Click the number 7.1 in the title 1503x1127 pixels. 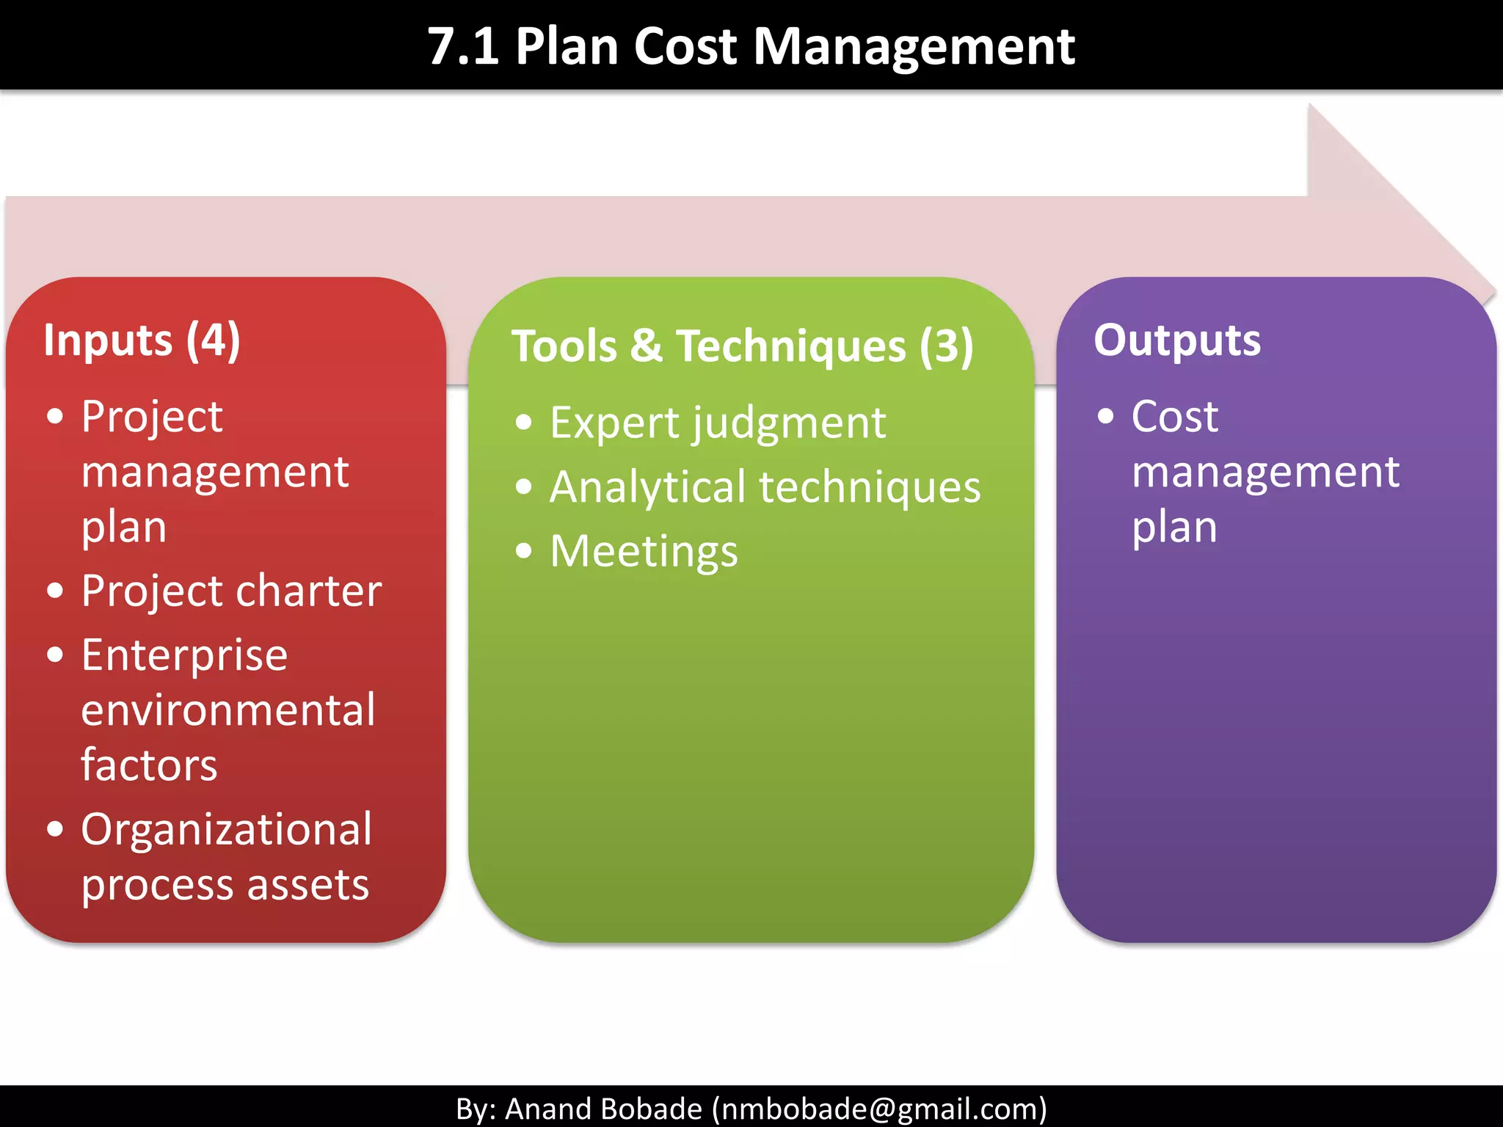[x=463, y=47]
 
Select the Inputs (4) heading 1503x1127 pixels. [x=142, y=340]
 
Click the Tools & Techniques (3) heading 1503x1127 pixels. [x=742, y=346]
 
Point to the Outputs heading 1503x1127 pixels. [x=1177, y=340]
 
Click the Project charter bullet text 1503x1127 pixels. [x=231, y=591]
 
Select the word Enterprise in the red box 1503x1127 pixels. [x=184, y=655]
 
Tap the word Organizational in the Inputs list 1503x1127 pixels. [x=226, y=830]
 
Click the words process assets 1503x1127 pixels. [x=225, y=885]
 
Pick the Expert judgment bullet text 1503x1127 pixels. [x=718, y=423]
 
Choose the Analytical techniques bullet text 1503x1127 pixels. [x=765, y=487]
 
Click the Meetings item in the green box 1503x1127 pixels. [x=644, y=552]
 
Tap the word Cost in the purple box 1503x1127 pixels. [x=1174, y=417]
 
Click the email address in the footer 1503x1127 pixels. [x=879, y=1109]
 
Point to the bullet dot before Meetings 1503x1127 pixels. [x=523, y=551]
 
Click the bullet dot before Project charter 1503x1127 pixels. [x=55, y=591]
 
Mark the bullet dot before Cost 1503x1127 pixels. [x=1105, y=417]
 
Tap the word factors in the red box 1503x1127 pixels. [x=149, y=765]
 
